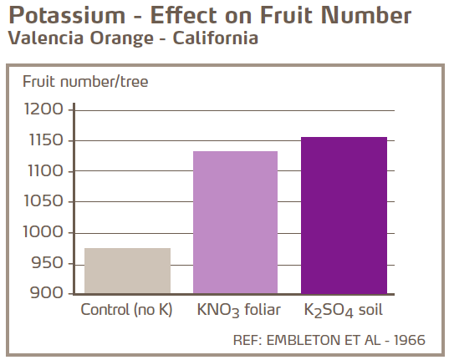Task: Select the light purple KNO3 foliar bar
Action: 235,222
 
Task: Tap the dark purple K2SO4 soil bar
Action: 344,215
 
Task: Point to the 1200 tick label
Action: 43,110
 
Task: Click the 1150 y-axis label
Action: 43,140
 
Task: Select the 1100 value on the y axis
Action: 43,171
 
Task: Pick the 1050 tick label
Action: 43,202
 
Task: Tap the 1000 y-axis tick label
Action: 43,233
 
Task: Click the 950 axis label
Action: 47,264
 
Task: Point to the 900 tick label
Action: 47,293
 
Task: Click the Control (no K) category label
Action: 126,310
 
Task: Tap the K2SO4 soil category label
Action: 344,311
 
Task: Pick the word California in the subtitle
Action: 214,38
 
